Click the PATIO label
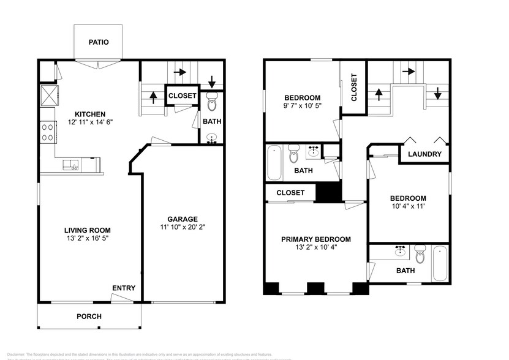click(98, 42)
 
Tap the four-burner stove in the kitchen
click(47, 132)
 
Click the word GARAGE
click(183, 219)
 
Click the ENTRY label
click(124, 288)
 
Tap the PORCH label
click(89, 317)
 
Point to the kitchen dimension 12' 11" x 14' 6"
click(90, 122)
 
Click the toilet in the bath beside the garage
click(212, 101)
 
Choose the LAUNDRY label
click(424, 154)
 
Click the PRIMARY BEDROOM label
click(315, 239)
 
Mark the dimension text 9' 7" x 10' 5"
click(302, 106)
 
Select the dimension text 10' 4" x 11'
click(408, 207)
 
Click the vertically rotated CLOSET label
click(353, 88)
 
